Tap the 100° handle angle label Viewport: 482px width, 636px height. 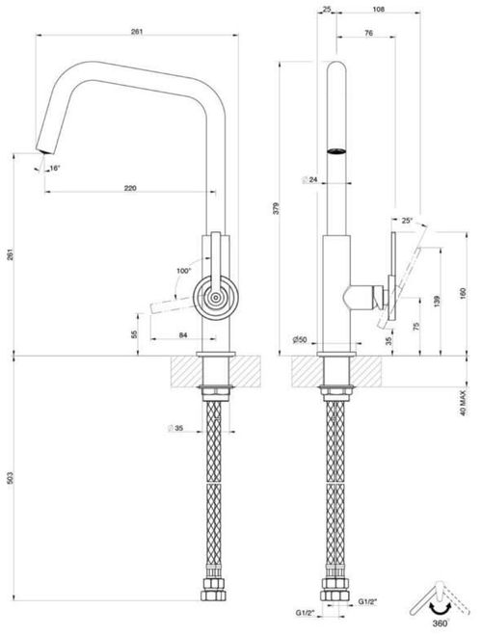click(184, 273)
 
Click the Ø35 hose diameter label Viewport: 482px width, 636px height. click(174, 427)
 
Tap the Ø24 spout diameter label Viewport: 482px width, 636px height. click(310, 180)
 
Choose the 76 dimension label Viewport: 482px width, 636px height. click(369, 35)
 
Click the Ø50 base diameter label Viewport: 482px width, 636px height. click(301, 340)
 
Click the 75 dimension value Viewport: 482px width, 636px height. click(416, 326)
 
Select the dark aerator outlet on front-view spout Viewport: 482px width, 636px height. click(336, 151)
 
